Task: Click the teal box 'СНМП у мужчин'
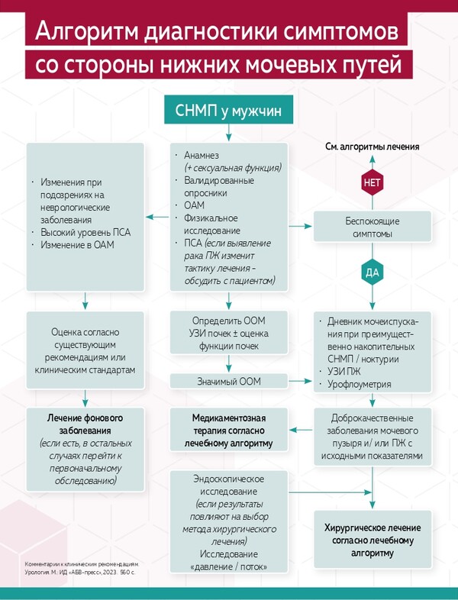(228, 111)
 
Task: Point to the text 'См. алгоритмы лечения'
(373, 146)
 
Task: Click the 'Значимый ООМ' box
(228, 380)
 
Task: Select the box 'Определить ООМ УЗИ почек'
(228, 332)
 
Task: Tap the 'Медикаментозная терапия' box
(228, 430)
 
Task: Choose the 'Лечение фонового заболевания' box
(85, 450)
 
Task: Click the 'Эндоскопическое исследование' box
(228, 522)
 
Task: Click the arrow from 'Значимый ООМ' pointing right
(300, 379)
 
